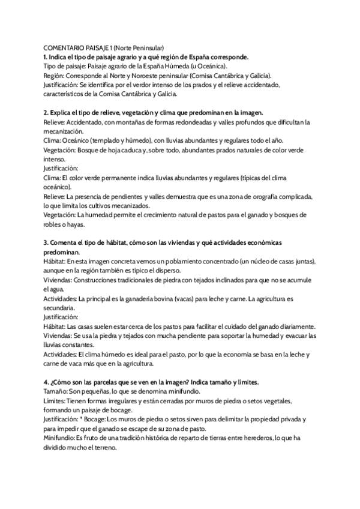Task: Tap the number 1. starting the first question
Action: [x=46, y=56]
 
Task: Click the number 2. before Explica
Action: [x=46, y=112]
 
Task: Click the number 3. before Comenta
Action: [x=46, y=243]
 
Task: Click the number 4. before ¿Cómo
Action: [x=46, y=382]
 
